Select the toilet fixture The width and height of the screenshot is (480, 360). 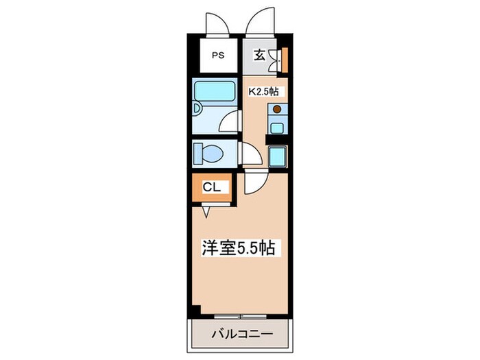[208, 153]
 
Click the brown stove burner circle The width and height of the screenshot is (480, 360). [277, 109]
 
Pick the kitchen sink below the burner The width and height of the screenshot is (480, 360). [277, 125]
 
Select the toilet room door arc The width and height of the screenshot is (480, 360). [250, 154]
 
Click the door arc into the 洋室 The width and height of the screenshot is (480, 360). [254, 181]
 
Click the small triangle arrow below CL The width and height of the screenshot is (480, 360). [206, 211]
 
